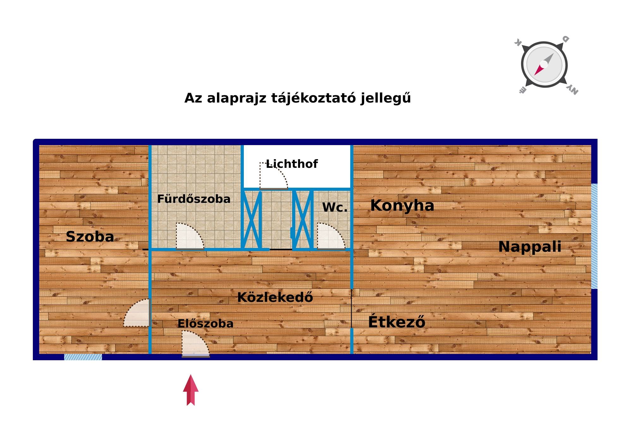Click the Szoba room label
pyautogui.click(x=90, y=237)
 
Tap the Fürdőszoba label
pyautogui.click(x=194, y=199)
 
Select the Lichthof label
pyautogui.click(x=292, y=164)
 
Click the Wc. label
pyautogui.click(x=335, y=208)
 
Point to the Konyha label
pyautogui.click(x=402, y=206)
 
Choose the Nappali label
pyautogui.click(x=530, y=247)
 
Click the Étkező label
pyautogui.click(x=397, y=322)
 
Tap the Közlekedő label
pyautogui.click(x=275, y=297)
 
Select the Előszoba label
pyautogui.click(x=205, y=324)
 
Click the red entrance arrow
pyautogui.click(x=191, y=390)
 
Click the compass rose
pyautogui.click(x=544, y=65)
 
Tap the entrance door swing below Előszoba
pyautogui.click(x=193, y=344)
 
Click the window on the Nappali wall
pyautogui.click(x=594, y=236)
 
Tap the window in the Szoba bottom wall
pyautogui.click(x=83, y=357)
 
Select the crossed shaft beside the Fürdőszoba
pyautogui.click(x=251, y=220)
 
